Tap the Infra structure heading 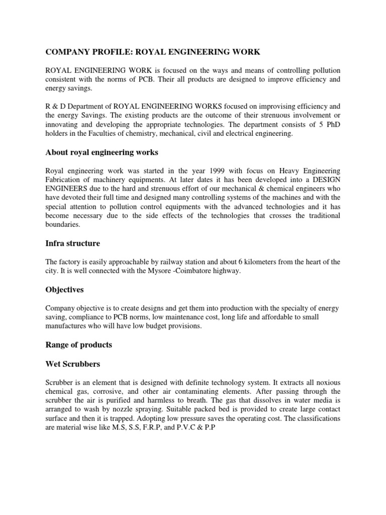73,243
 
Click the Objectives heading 65,290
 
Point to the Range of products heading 79,345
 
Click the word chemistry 141,134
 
